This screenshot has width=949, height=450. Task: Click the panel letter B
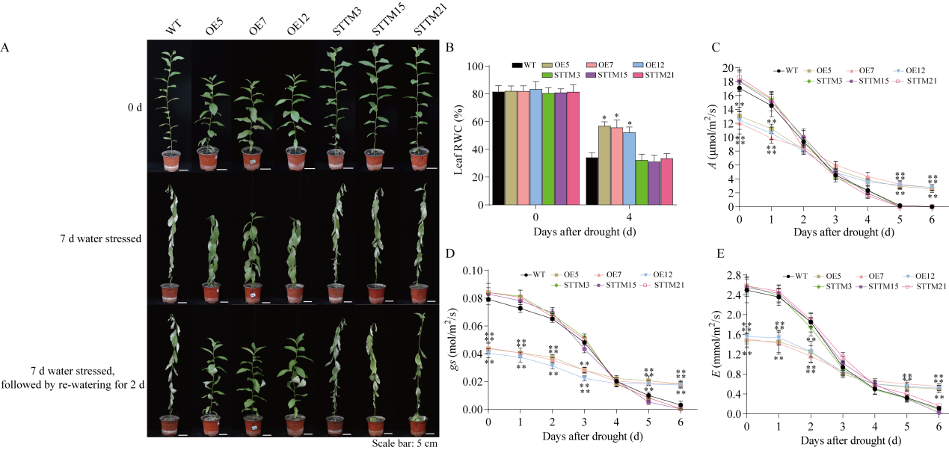point(450,47)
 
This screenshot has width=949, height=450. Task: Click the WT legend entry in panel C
point(786,70)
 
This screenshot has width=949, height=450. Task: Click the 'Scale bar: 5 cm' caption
point(404,443)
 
